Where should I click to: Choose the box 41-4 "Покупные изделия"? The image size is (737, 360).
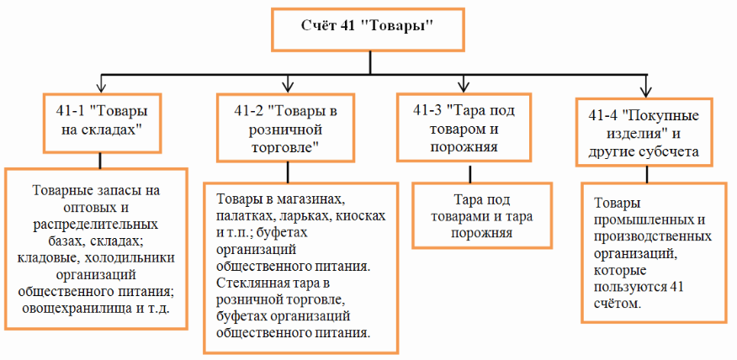click(x=645, y=133)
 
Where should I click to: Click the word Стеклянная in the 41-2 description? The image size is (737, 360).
click(x=251, y=282)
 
